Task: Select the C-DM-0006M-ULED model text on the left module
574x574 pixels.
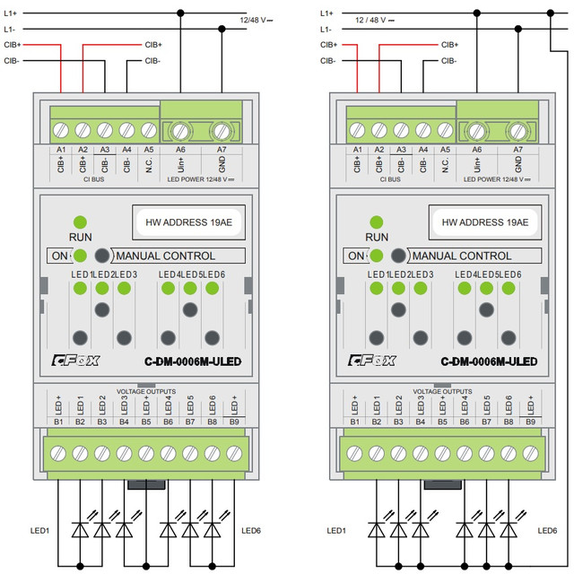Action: click(193, 361)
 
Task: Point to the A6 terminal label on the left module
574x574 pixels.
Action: click(181, 150)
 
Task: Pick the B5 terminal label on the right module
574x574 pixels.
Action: click(443, 422)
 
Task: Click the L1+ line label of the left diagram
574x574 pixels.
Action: click(11, 13)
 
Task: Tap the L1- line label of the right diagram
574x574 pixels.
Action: click(325, 30)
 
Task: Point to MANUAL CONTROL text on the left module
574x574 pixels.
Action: click(166, 256)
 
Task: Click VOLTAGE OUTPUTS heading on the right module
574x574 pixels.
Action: click(443, 391)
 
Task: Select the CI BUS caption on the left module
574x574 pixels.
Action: click(93, 179)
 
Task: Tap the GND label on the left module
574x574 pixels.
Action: click(221, 164)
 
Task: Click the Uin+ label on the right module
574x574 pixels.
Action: click(477, 164)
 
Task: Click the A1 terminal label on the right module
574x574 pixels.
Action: click(357, 150)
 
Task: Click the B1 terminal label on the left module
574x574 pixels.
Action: click(59, 422)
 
